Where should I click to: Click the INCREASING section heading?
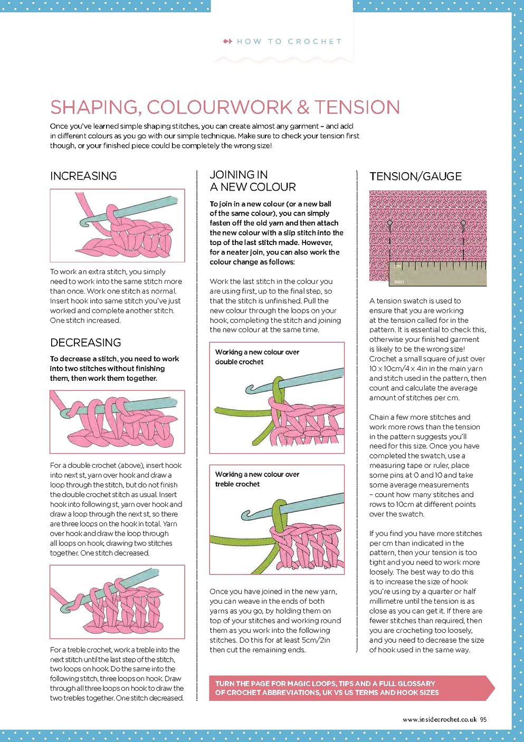click(x=83, y=176)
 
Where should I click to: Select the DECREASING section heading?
click(x=85, y=342)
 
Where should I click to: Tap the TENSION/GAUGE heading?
click(x=415, y=176)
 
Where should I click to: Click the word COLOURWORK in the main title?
click(x=219, y=107)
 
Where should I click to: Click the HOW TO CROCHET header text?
click(x=289, y=41)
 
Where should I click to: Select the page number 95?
click(x=483, y=719)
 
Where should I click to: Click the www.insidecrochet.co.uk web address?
click(x=440, y=719)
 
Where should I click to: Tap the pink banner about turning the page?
click(x=348, y=688)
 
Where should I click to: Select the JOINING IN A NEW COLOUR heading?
click(x=252, y=181)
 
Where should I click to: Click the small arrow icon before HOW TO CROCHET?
click(x=227, y=41)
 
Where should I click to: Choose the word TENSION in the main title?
click(x=357, y=107)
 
